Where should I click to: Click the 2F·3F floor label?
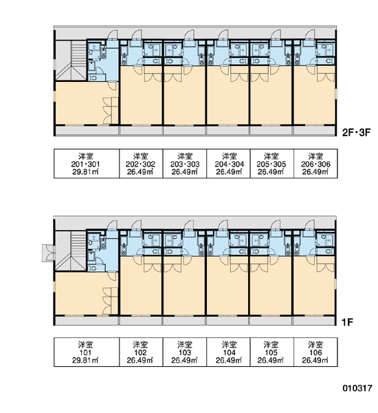pyautogui.click(x=356, y=132)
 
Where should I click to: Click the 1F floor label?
pyautogui.click(x=347, y=322)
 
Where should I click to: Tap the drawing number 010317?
pyautogui.click(x=357, y=388)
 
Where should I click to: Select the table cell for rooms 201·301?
pyautogui.click(x=87, y=164)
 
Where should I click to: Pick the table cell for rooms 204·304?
pyautogui.click(x=228, y=164)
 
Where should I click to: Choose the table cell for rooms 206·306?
pyautogui.click(x=315, y=164)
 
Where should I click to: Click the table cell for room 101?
pyautogui.click(x=87, y=352)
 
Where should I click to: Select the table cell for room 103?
pyautogui.click(x=185, y=352)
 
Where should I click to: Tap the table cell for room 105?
pyautogui.click(x=271, y=352)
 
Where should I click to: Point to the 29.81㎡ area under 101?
pyautogui.click(x=85, y=360)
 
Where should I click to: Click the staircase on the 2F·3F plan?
pyautogui.click(x=71, y=60)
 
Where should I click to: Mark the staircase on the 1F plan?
pyautogui.click(x=71, y=251)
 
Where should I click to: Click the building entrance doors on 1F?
pyautogui.click(x=49, y=253)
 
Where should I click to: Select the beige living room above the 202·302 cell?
pyautogui.click(x=141, y=100)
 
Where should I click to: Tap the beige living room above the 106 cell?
pyautogui.click(x=314, y=290)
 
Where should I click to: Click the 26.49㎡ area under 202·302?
pyautogui.click(x=140, y=172)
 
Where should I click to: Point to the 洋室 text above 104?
pyautogui.click(x=229, y=344)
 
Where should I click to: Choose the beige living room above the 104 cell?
pyautogui.click(x=227, y=290)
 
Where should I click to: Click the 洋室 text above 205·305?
pyautogui.click(x=271, y=156)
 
